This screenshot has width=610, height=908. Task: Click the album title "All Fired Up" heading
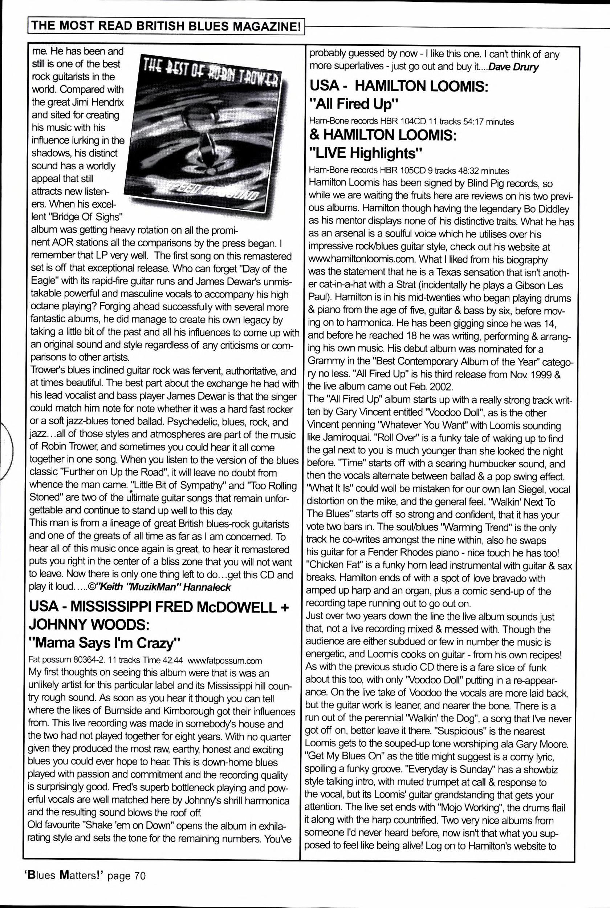point(353,104)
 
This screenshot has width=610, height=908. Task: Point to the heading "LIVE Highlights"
point(365,153)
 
